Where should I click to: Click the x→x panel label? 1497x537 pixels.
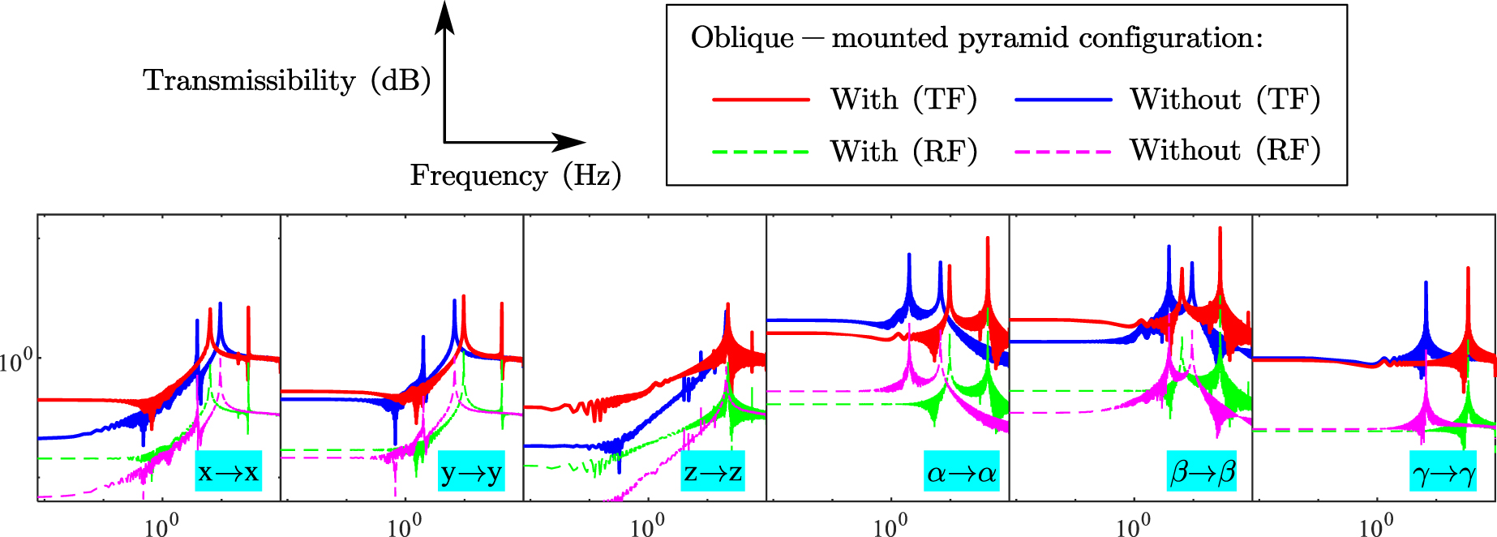(228, 471)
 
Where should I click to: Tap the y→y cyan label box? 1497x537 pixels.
(471, 471)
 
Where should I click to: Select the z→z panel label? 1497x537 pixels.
(713, 471)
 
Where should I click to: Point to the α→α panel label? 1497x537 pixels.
(961, 471)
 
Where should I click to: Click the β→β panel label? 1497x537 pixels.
(1202, 471)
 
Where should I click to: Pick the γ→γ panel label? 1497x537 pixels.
(1444, 471)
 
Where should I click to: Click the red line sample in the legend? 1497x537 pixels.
(761, 100)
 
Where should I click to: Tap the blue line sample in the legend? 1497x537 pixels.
(1062, 100)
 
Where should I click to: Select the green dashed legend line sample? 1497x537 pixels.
(761, 152)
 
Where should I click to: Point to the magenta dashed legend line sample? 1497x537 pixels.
(1062, 152)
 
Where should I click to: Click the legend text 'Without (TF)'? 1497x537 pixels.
(1225, 99)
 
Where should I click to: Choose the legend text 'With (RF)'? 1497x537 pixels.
(903, 151)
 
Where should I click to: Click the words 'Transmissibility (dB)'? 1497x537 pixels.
(286, 80)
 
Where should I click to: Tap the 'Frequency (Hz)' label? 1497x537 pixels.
(515, 175)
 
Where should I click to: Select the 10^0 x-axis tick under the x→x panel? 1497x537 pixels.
(161, 526)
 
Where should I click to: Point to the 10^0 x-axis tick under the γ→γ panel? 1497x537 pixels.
(1376, 526)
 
